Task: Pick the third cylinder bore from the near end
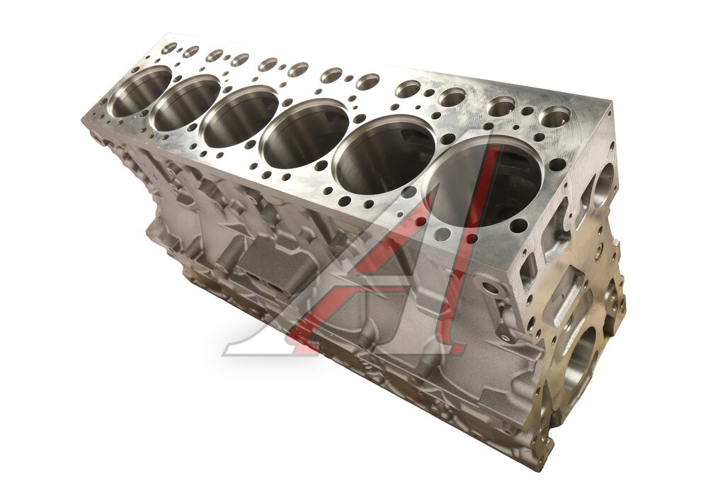[305, 133]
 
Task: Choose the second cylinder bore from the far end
[187, 101]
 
